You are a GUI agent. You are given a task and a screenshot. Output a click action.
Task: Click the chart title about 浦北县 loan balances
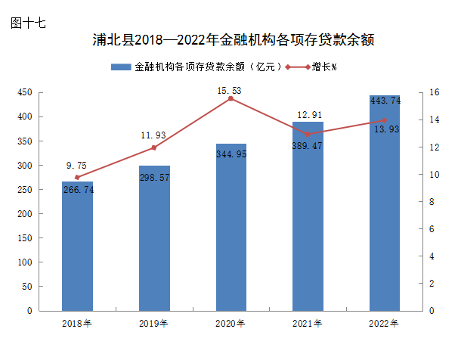click(x=234, y=40)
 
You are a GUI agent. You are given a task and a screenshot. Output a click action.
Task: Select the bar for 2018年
click(x=77, y=250)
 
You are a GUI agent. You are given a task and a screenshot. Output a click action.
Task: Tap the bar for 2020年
click(x=231, y=227)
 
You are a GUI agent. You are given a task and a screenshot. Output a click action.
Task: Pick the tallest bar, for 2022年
click(x=385, y=212)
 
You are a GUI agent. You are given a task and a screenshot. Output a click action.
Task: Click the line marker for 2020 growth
click(x=231, y=98)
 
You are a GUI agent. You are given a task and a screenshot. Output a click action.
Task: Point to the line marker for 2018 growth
click(x=77, y=177)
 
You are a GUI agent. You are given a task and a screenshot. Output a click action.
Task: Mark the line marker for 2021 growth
click(x=308, y=134)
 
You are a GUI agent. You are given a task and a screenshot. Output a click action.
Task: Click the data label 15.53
click(x=230, y=91)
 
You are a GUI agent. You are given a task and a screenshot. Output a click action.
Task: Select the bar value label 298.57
click(x=153, y=177)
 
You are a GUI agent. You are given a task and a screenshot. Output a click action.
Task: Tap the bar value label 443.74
click(x=385, y=101)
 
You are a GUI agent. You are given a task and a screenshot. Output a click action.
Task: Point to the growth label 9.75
click(x=76, y=166)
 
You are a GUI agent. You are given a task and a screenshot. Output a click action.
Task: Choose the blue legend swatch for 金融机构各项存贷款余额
click(x=121, y=67)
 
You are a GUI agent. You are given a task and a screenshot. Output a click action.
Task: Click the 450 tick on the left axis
click(x=24, y=92)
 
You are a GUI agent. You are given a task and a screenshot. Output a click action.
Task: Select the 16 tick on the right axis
click(x=434, y=92)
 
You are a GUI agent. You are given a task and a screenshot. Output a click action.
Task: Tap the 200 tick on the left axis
click(x=24, y=214)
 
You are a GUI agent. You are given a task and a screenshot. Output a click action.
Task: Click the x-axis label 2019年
click(x=154, y=324)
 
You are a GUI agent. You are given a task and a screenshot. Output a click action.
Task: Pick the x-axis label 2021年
click(x=308, y=324)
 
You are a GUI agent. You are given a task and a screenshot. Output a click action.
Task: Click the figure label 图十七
click(x=29, y=23)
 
